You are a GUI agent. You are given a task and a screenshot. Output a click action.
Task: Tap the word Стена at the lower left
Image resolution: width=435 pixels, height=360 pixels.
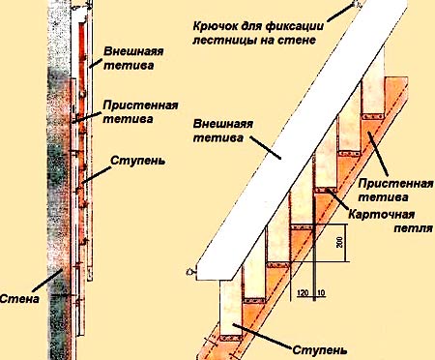19,298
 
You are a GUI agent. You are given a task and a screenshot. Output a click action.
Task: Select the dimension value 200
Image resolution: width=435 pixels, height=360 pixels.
339,243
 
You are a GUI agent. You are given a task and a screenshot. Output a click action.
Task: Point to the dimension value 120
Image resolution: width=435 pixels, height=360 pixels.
303,293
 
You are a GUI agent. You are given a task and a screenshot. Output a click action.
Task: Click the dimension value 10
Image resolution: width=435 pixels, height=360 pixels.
321,293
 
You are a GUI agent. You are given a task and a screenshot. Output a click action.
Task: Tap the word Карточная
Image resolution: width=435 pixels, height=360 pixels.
382,214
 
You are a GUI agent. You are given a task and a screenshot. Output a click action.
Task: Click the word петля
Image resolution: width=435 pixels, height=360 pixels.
414,228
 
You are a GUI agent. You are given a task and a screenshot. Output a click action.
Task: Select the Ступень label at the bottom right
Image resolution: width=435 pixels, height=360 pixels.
320,350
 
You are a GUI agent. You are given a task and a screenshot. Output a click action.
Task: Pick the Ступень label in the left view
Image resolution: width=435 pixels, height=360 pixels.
138,161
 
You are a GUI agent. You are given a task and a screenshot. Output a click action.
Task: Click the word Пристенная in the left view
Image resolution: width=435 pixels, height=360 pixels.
140,105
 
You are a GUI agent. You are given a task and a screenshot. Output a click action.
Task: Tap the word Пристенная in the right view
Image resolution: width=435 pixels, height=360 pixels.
395,184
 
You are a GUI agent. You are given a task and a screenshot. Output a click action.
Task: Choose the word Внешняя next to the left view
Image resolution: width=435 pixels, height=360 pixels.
133,51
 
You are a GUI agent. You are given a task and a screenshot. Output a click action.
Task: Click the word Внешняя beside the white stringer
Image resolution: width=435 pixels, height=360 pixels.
223,124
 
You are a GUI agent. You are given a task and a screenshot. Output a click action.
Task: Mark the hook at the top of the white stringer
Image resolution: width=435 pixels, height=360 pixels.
358,4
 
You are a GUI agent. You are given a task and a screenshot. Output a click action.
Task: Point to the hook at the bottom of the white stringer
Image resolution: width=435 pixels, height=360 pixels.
190,272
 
